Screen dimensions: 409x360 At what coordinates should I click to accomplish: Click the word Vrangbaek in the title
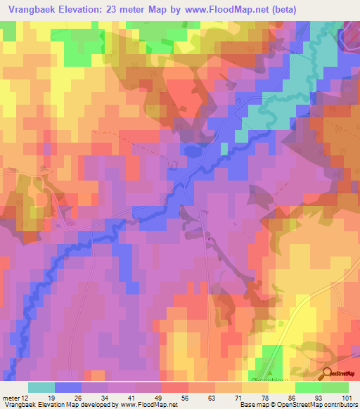pos(30,9)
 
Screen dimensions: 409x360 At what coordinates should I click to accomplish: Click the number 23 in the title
pos(115,9)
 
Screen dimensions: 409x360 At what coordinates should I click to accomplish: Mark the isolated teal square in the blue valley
pos(224,148)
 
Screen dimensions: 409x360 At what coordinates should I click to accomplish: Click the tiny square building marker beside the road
pos(209,238)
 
